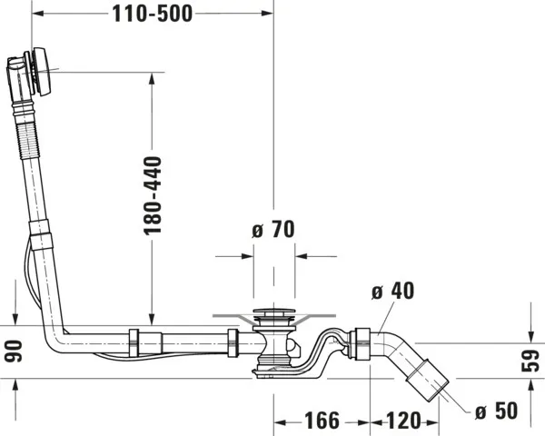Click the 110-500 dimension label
point(152,15)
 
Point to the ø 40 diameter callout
point(393,292)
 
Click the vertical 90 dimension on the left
point(11,349)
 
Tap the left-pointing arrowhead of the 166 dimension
point(280,421)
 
